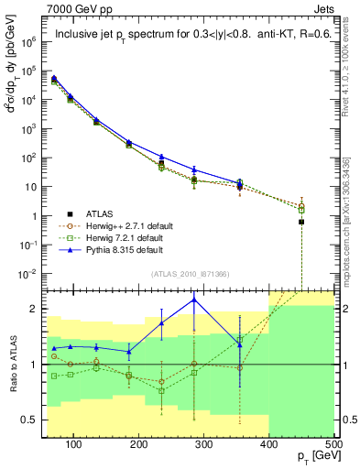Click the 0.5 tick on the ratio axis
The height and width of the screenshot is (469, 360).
[30, 420]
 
